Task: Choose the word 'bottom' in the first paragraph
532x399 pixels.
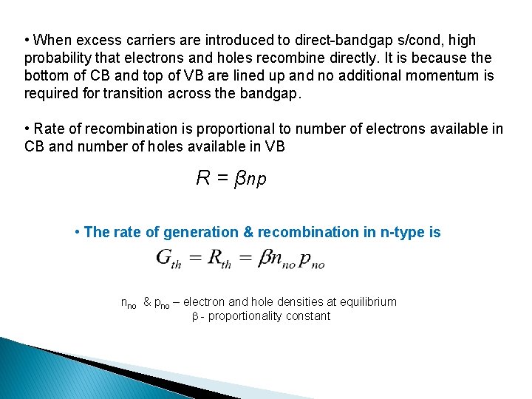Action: coord(48,76)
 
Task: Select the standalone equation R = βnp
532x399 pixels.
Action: coord(231,178)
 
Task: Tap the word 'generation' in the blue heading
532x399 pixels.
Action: coord(200,232)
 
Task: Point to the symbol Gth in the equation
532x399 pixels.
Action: coord(169,259)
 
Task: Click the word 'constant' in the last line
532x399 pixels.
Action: coord(308,316)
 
